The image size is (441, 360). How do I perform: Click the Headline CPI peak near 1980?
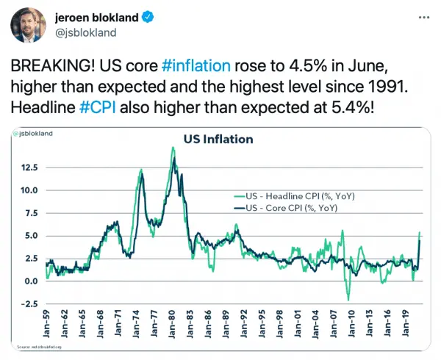173,148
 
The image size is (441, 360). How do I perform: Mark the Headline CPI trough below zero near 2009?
348,299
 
